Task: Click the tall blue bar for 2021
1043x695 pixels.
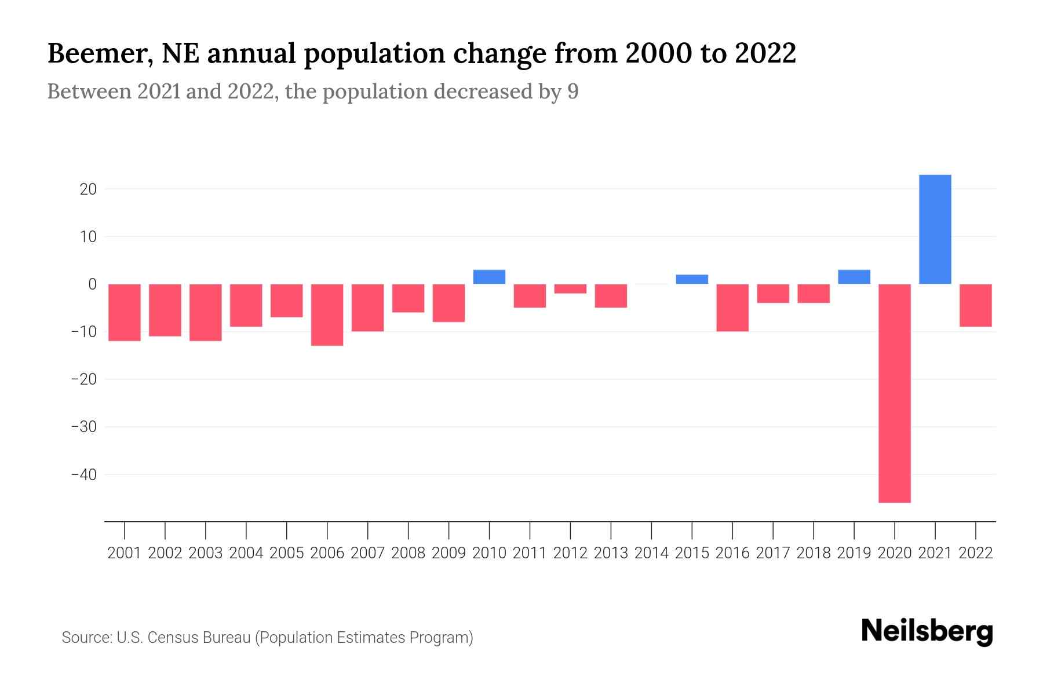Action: point(935,229)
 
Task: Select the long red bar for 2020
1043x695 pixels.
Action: point(894,393)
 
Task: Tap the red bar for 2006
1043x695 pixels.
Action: point(327,314)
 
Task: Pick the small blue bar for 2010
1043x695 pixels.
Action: point(489,277)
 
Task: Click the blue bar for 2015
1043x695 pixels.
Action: point(692,279)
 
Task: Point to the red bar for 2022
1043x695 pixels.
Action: point(975,305)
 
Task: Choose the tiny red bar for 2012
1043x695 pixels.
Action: point(570,288)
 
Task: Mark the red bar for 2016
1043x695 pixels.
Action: point(732,308)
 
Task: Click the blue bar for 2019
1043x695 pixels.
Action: point(854,277)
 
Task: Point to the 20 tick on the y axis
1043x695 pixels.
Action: point(88,189)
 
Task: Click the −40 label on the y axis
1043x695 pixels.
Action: point(83,474)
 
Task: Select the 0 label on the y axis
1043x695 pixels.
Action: point(92,284)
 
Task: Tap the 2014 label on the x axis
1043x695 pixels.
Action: point(651,553)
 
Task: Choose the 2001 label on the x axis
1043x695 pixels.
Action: point(125,553)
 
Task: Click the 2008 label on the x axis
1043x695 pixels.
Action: point(408,553)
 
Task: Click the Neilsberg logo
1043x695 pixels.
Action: point(927,631)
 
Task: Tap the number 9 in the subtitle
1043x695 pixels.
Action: point(572,92)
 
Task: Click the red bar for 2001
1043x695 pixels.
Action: point(125,312)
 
